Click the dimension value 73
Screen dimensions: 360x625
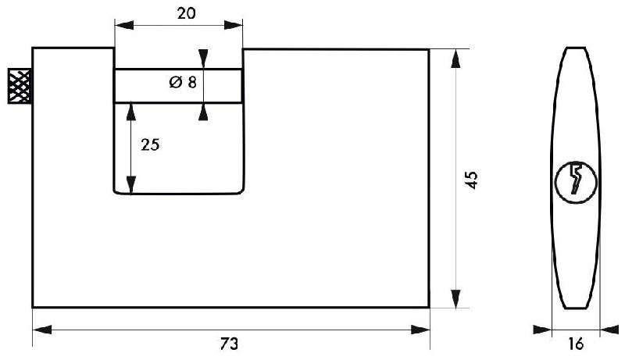pos(229,344)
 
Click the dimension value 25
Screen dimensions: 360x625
pos(151,144)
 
